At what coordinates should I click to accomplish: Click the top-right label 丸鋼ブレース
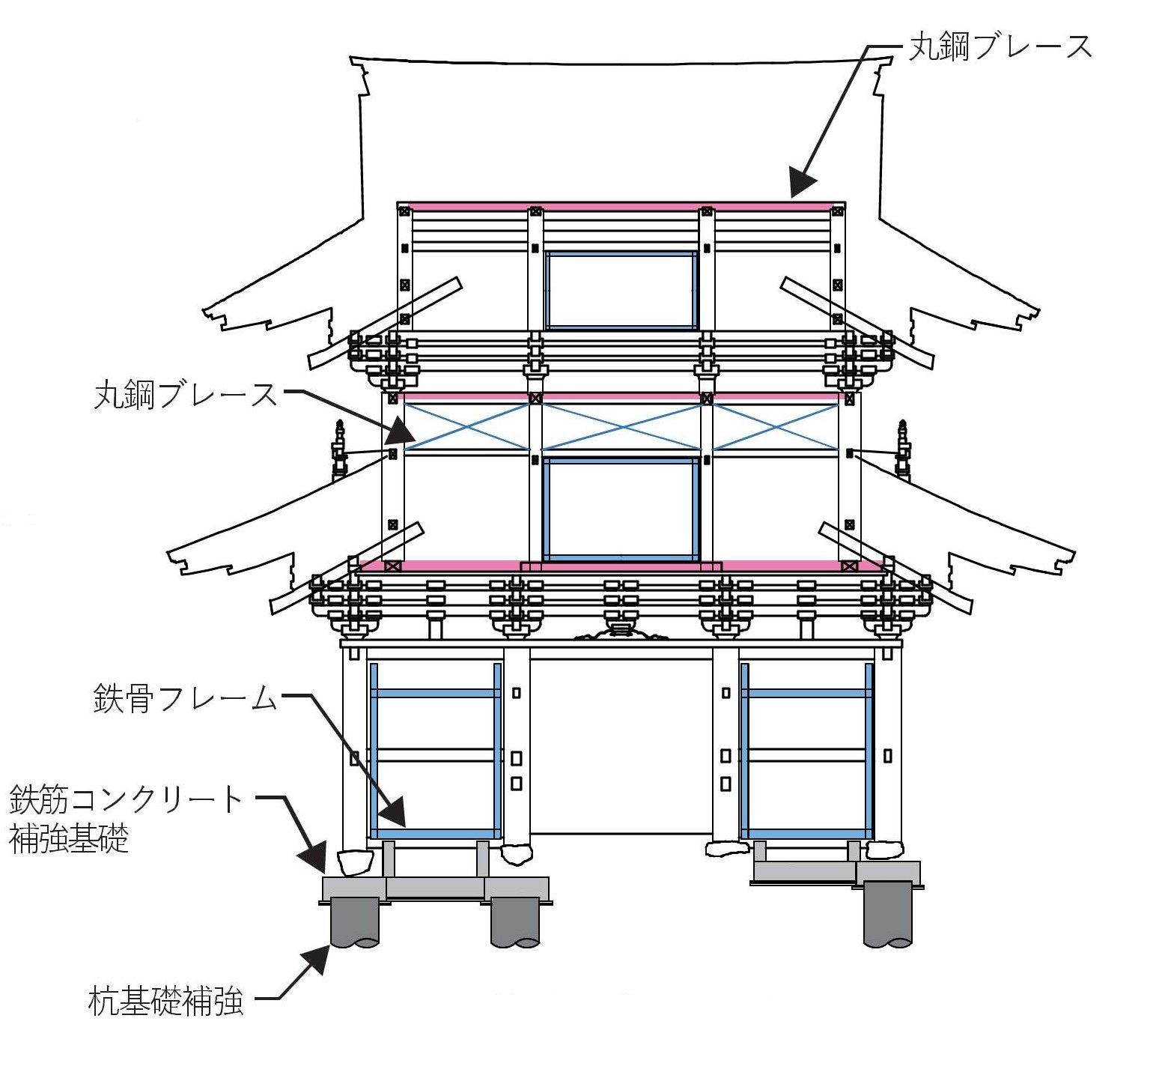click(x=1000, y=46)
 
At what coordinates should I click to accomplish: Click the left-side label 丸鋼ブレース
click(x=186, y=395)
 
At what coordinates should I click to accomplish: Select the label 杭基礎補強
click(x=165, y=1002)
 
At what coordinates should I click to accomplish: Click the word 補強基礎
click(x=69, y=839)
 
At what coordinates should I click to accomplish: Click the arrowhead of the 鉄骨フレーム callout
click(x=392, y=813)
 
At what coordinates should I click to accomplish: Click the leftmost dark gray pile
click(x=355, y=922)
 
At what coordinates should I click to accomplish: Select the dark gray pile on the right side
click(x=888, y=915)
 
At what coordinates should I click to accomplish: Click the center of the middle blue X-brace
click(x=622, y=427)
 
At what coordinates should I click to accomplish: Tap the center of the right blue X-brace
click(x=776, y=427)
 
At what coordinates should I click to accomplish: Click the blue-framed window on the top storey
click(x=621, y=291)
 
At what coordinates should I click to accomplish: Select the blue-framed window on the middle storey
click(x=621, y=509)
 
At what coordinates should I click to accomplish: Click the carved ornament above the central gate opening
click(x=621, y=632)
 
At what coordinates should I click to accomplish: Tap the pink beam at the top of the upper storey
click(x=621, y=206)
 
